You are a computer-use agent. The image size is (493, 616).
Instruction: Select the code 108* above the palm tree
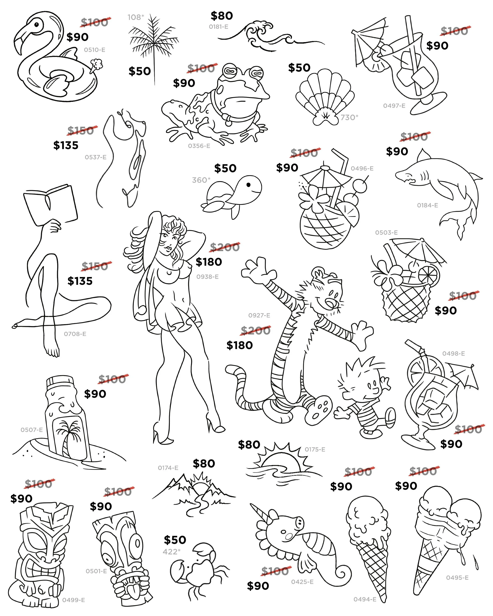[136, 17]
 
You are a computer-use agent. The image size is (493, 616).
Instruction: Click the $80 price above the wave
[222, 16]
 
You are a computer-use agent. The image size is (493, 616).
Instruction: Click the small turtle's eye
[248, 185]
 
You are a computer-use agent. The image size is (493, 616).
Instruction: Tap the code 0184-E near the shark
[427, 205]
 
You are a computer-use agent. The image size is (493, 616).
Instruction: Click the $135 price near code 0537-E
[66, 145]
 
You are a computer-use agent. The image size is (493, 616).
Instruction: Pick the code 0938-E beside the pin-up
[207, 277]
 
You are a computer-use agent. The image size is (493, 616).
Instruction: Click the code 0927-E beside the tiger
[259, 315]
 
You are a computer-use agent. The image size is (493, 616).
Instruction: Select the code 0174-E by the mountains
[168, 468]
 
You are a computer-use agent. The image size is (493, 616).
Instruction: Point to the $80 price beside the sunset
[249, 445]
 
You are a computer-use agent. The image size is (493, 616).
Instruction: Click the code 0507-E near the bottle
[31, 430]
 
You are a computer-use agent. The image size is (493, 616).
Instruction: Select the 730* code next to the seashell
[349, 117]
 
